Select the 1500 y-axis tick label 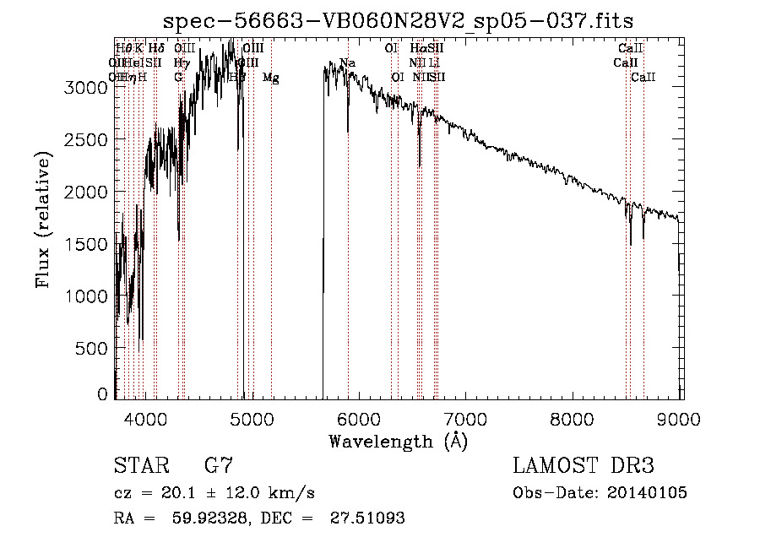(87, 244)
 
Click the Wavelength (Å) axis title (398, 440)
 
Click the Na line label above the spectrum (347, 62)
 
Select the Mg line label (270, 78)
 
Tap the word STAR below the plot (140, 465)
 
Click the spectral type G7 (218, 465)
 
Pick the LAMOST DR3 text (584, 465)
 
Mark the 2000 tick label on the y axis (87, 192)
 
